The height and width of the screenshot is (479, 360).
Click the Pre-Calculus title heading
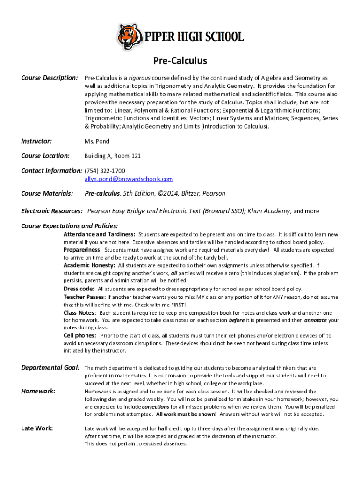coord(180,61)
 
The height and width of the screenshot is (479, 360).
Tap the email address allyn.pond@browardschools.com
coord(128,179)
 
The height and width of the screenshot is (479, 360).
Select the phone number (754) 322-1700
coord(105,171)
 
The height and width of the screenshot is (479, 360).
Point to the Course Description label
coord(49,77)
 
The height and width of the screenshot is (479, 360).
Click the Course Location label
coord(45,156)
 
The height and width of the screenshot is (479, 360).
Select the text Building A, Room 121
coord(112,156)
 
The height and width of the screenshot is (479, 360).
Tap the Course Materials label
coord(47,193)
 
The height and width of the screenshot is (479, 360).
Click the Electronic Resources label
coord(52,211)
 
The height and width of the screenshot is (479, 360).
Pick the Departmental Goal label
coord(50,367)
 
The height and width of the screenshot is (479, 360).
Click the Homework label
coord(38,391)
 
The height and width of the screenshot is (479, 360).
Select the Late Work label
coord(37,428)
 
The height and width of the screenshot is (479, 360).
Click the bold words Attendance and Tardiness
coord(100,234)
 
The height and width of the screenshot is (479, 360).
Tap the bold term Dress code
coord(79,289)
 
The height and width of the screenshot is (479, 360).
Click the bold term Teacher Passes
coord(84,297)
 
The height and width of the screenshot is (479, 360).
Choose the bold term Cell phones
coord(80,335)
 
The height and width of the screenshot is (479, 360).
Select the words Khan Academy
coord(269,211)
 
